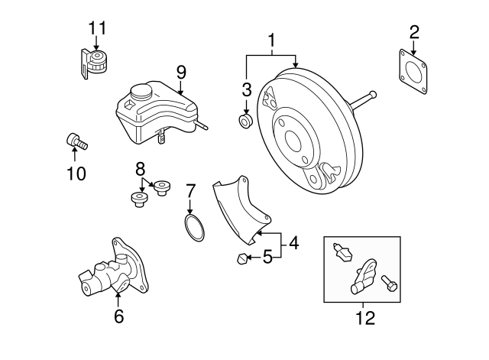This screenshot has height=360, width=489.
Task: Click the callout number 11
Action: pos(96,28)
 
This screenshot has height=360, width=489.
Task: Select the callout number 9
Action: pos(181,72)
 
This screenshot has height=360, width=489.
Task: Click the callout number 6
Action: pos(118,316)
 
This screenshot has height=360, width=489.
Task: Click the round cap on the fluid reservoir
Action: pos(141,93)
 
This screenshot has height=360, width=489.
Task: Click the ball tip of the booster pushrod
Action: pos(373,95)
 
